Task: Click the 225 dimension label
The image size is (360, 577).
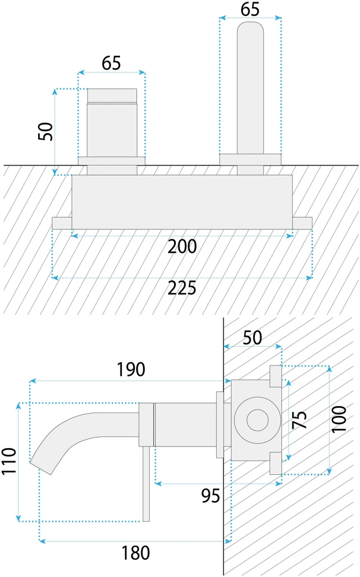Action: coord(182,288)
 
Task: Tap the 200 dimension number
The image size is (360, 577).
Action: coord(182,246)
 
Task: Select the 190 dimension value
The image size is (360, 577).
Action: coord(131,369)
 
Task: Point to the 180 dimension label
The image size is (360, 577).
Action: coord(136,553)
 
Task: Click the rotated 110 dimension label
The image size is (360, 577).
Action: coord(10,461)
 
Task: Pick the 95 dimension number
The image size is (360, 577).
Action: coord(210,496)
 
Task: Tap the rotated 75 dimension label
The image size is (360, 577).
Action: coord(299,420)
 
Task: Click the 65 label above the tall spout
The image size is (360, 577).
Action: coord(250,9)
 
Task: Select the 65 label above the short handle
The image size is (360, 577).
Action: coord(112,63)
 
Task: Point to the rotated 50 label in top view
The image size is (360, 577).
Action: coord(46,131)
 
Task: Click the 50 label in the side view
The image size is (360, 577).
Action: coord(252,337)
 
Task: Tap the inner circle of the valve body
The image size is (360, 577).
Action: coord(257,420)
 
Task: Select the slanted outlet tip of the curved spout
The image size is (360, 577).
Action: coord(41,467)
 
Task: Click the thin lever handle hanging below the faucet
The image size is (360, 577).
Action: coord(146,484)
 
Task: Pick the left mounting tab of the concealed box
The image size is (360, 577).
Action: coord(62,223)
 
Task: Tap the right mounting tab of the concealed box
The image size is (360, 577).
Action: coord(302,223)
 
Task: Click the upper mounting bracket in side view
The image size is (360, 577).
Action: coord(276,376)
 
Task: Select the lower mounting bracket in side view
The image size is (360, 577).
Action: coord(276,463)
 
